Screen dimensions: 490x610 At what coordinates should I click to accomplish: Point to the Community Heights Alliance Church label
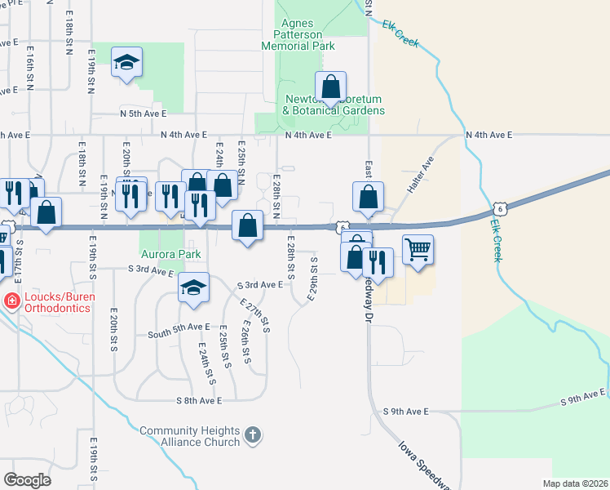(189, 436)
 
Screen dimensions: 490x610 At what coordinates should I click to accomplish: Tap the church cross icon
(253, 434)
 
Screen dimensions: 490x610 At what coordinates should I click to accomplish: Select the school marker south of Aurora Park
(193, 288)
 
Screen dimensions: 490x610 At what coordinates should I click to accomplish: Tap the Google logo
(27, 480)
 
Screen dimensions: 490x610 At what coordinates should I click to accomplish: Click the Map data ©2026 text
(574, 483)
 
